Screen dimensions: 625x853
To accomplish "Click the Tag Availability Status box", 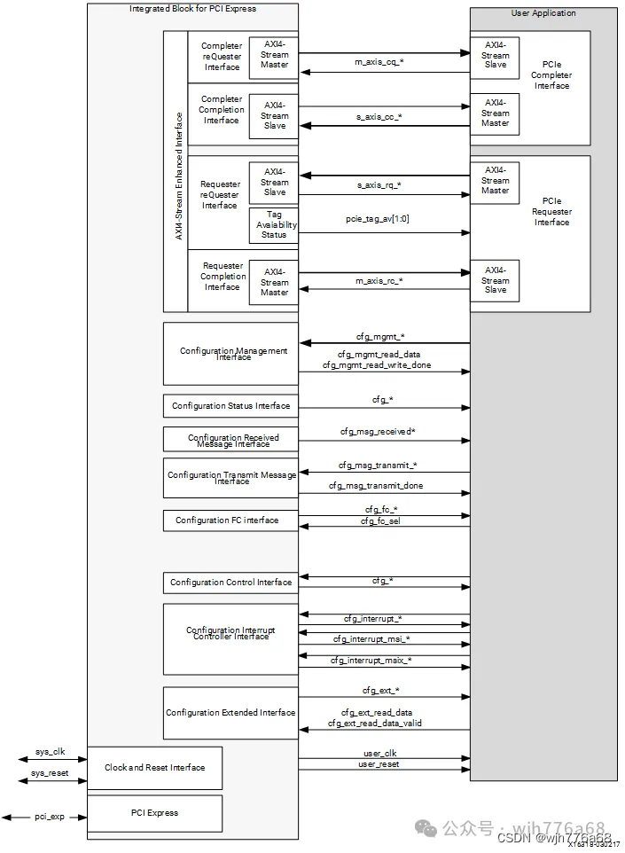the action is point(274,224).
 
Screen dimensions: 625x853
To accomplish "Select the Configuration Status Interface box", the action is point(230,406).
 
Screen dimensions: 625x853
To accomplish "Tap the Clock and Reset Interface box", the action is point(154,768).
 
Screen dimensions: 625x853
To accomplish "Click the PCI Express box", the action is point(154,813).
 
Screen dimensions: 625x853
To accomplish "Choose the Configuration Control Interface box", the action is point(230,583).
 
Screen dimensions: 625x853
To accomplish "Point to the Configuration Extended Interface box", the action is point(230,713).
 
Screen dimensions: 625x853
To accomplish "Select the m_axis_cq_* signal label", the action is point(380,62).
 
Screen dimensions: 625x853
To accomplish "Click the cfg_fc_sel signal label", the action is point(381,520).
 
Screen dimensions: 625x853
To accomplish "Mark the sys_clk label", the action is point(51,752).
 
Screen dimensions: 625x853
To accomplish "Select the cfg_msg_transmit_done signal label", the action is point(376,486).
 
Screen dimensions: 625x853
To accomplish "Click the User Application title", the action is point(543,13).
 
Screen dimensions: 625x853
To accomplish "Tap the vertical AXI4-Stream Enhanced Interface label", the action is point(178,176).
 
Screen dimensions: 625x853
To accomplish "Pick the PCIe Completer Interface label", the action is point(551,75).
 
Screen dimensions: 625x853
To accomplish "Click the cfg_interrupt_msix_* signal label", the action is point(371,660).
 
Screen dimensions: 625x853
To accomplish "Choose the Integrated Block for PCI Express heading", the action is point(193,9).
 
